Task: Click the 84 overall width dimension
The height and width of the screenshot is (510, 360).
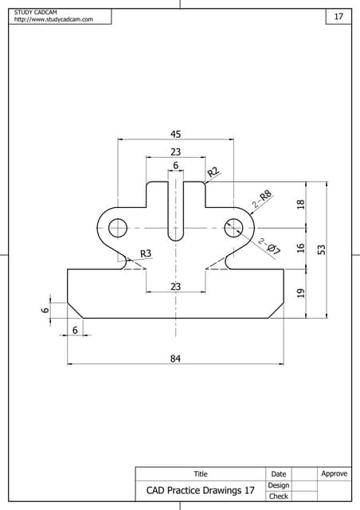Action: [x=175, y=359]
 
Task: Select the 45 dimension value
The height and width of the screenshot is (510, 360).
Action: [x=175, y=134]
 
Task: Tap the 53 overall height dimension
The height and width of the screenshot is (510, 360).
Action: [x=322, y=249]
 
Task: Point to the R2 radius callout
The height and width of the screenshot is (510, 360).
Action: [x=213, y=172]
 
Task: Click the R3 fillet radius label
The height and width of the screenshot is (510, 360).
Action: [x=146, y=253]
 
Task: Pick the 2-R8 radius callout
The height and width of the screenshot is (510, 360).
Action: [x=262, y=198]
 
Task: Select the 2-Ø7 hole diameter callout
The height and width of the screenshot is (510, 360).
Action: [x=269, y=247]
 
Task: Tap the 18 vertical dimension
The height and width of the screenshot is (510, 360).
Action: [x=301, y=204]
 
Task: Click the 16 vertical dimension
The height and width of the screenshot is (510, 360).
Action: [x=301, y=248]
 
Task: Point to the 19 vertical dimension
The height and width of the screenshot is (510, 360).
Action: [x=301, y=293]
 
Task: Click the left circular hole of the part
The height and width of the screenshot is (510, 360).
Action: [x=118, y=227]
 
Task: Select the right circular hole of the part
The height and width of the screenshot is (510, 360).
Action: [x=233, y=227]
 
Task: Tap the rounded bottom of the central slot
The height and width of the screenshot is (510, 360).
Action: [x=175, y=236]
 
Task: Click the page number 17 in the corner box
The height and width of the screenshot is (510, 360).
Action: [x=338, y=17]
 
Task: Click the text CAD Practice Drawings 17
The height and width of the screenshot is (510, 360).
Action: [x=200, y=490]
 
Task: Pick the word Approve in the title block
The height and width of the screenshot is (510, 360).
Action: [x=334, y=474]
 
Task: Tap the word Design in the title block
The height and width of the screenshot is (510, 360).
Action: [x=278, y=485]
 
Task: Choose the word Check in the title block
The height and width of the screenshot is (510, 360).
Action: [x=278, y=496]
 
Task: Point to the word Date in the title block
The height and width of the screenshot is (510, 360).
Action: [x=278, y=474]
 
